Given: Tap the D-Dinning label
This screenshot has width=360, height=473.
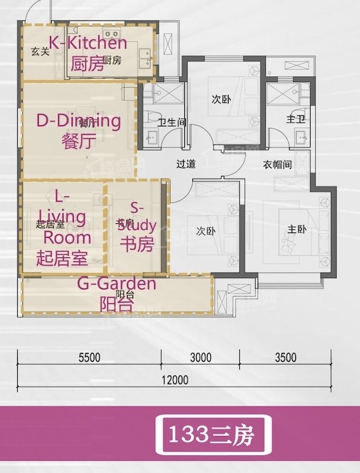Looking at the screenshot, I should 78,121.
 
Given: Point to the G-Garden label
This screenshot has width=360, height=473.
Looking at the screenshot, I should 117,284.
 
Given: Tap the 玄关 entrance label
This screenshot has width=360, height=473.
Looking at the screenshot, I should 39,52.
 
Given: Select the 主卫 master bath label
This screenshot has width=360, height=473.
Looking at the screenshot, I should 293,118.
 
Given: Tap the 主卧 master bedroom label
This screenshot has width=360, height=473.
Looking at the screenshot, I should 297,229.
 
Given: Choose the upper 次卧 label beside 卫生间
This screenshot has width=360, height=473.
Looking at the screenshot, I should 221,99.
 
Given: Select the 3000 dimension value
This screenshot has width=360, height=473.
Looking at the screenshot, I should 200,357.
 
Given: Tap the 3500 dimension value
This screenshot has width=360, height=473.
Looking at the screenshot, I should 285,357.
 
